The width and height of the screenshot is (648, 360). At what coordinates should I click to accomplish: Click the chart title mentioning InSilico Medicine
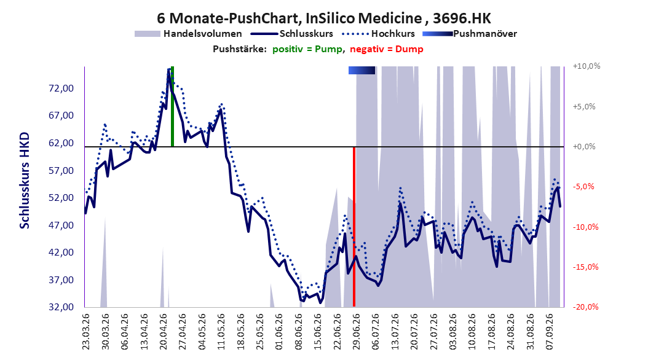[324, 18]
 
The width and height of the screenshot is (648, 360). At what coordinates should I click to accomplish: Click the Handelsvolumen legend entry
[189, 34]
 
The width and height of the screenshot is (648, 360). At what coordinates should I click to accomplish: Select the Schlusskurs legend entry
[292, 34]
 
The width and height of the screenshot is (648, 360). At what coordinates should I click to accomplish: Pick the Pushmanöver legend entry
[470, 34]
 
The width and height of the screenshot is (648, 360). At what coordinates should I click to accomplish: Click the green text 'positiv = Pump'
[307, 49]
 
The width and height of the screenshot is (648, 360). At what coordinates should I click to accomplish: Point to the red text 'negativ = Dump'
[387, 49]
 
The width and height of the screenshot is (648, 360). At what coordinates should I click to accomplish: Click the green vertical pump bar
[172, 106]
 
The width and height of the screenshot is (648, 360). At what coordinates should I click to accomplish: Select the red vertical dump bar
[354, 227]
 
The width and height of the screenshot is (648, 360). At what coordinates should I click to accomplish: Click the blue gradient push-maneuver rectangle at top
[362, 71]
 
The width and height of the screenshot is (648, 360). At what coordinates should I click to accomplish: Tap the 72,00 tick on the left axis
[61, 88]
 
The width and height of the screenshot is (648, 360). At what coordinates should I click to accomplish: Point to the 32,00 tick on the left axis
[61, 307]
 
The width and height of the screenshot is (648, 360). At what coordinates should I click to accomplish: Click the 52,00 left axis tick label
[61, 198]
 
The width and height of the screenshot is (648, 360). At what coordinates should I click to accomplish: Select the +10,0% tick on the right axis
[587, 66]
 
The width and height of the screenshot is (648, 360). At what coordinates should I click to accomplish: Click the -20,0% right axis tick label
[585, 307]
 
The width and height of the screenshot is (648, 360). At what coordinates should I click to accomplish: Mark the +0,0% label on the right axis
[584, 147]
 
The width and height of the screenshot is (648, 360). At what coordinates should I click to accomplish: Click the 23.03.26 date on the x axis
[86, 332]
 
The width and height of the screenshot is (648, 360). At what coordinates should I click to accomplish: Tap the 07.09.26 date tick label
[550, 332]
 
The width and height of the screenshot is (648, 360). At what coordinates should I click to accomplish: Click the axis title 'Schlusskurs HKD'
[25, 181]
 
